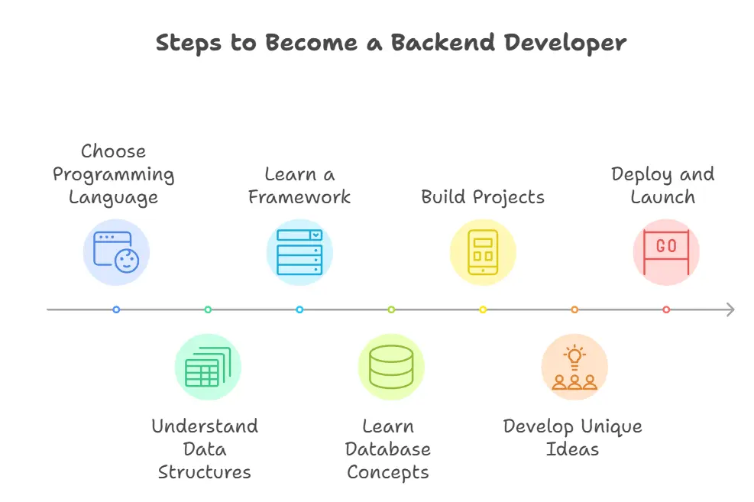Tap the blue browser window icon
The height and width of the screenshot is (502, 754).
click(x=116, y=252)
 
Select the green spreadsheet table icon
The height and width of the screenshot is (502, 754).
click(x=208, y=367)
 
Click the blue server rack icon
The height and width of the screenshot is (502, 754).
click(x=299, y=252)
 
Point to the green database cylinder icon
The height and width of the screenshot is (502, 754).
click(x=391, y=367)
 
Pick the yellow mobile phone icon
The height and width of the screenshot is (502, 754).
click(x=483, y=252)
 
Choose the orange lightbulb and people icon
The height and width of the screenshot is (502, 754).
click(x=574, y=367)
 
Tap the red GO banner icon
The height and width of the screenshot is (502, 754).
click(x=666, y=252)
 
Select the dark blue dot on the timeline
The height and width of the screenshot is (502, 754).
click(x=116, y=309)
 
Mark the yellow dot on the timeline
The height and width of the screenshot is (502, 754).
click(x=483, y=309)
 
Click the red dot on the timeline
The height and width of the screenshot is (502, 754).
click(x=666, y=309)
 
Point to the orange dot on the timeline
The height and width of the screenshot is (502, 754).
click(x=574, y=309)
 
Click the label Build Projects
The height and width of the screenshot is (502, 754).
click(x=483, y=197)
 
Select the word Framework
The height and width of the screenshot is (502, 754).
click(x=299, y=197)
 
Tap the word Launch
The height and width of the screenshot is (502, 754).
click(x=663, y=197)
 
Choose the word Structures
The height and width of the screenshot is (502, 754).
click(x=205, y=472)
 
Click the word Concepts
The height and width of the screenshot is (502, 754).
click(x=388, y=472)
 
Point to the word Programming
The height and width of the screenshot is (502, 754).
click(x=114, y=175)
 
